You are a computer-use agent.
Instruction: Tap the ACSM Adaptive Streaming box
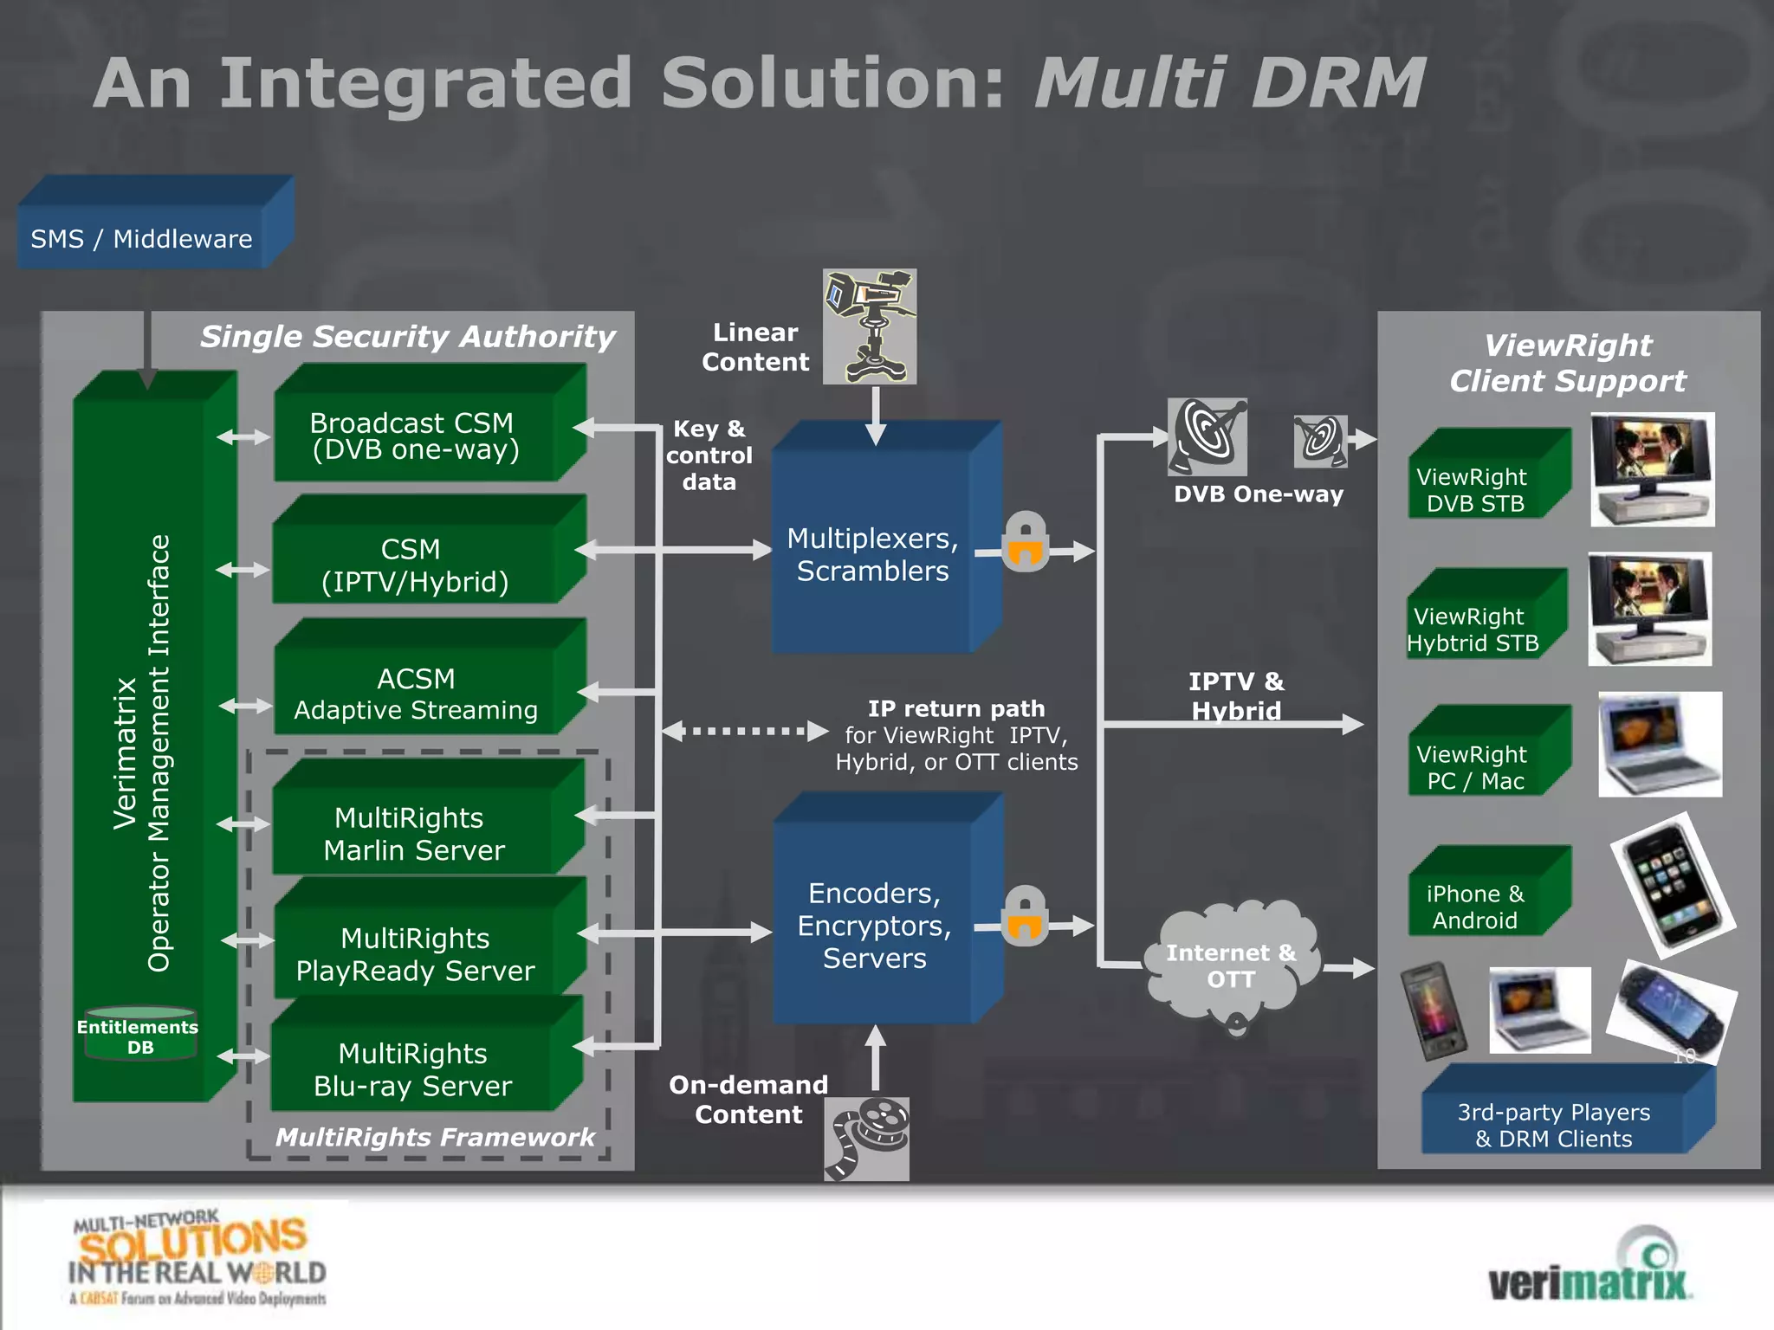pyautogui.click(x=416, y=693)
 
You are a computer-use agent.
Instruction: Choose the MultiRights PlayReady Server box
pyautogui.click(x=416, y=952)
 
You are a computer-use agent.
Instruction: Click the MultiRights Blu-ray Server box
pyautogui.click(x=414, y=1069)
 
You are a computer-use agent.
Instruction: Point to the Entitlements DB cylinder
pyautogui.click(x=139, y=1035)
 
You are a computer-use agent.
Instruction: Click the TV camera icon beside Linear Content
pyautogui.click(x=869, y=326)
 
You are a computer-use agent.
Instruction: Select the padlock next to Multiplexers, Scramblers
pyautogui.click(x=1026, y=542)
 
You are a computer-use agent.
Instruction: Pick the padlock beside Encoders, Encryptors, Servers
pyautogui.click(x=1025, y=917)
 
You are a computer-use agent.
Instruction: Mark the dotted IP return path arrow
pyautogui.click(x=745, y=731)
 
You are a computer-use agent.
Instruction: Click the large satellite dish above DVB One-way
pyautogui.click(x=1207, y=436)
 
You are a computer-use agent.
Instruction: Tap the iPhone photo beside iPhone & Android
pyautogui.click(x=1672, y=885)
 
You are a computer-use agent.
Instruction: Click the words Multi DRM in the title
pyautogui.click(x=1228, y=83)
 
